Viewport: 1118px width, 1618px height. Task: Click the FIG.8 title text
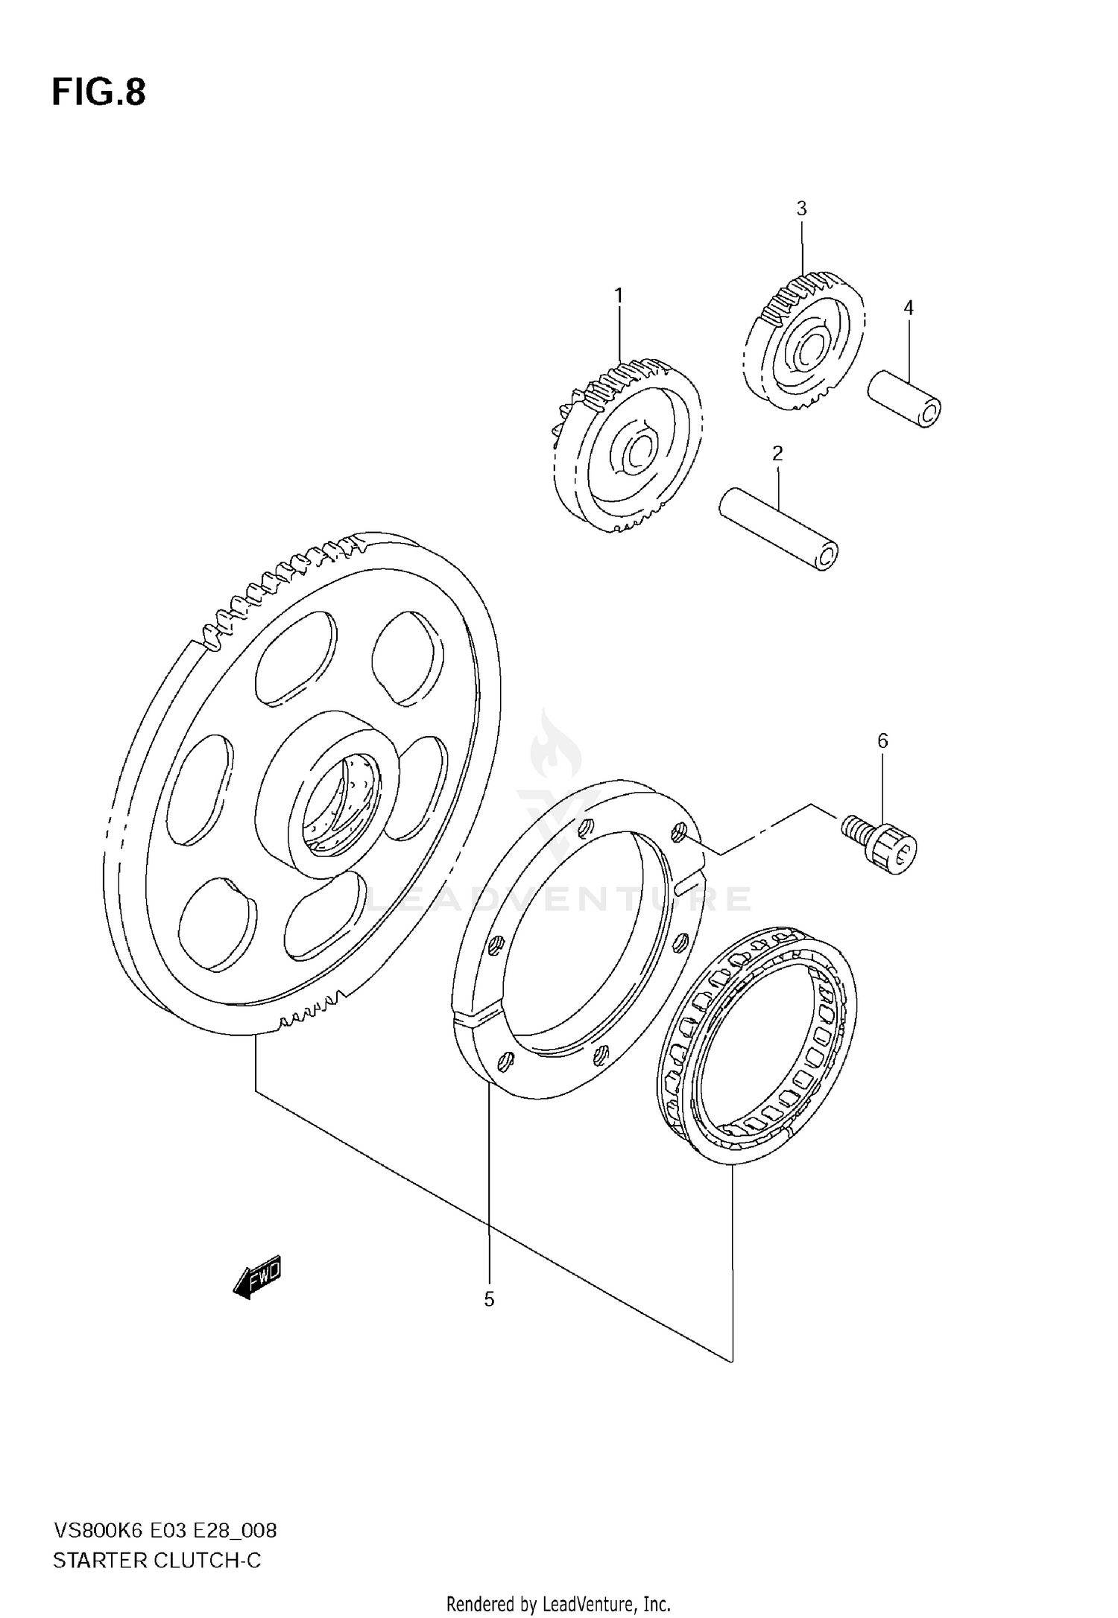[98, 93]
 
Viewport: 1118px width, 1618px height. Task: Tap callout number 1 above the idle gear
[618, 296]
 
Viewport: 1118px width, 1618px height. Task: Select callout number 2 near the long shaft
[777, 453]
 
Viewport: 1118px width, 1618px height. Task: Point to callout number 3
[801, 209]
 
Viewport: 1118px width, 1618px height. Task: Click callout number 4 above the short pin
[908, 308]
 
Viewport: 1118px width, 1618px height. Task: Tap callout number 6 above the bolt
[882, 740]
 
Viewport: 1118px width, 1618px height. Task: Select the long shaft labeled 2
[778, 528]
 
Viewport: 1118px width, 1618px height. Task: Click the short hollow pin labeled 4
[904, 399]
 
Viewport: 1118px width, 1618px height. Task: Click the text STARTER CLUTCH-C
[157, 1561]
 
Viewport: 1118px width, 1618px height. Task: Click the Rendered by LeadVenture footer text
[559, 1604]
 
